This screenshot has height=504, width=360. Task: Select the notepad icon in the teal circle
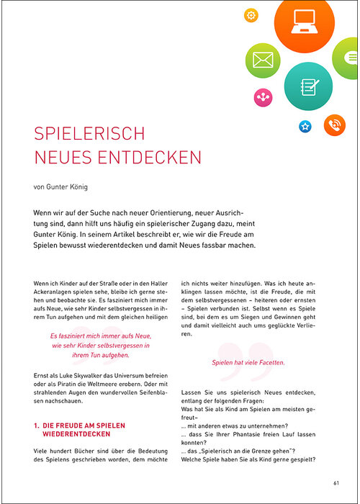coord(308,86)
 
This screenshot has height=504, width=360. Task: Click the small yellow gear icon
coord(251,14)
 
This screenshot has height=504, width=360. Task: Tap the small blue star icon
coord(305,127)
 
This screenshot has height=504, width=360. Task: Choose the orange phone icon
coord(334,125)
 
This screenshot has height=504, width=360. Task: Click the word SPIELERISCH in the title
coord(89,134)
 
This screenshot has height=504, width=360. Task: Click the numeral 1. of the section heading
coord(37,426)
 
